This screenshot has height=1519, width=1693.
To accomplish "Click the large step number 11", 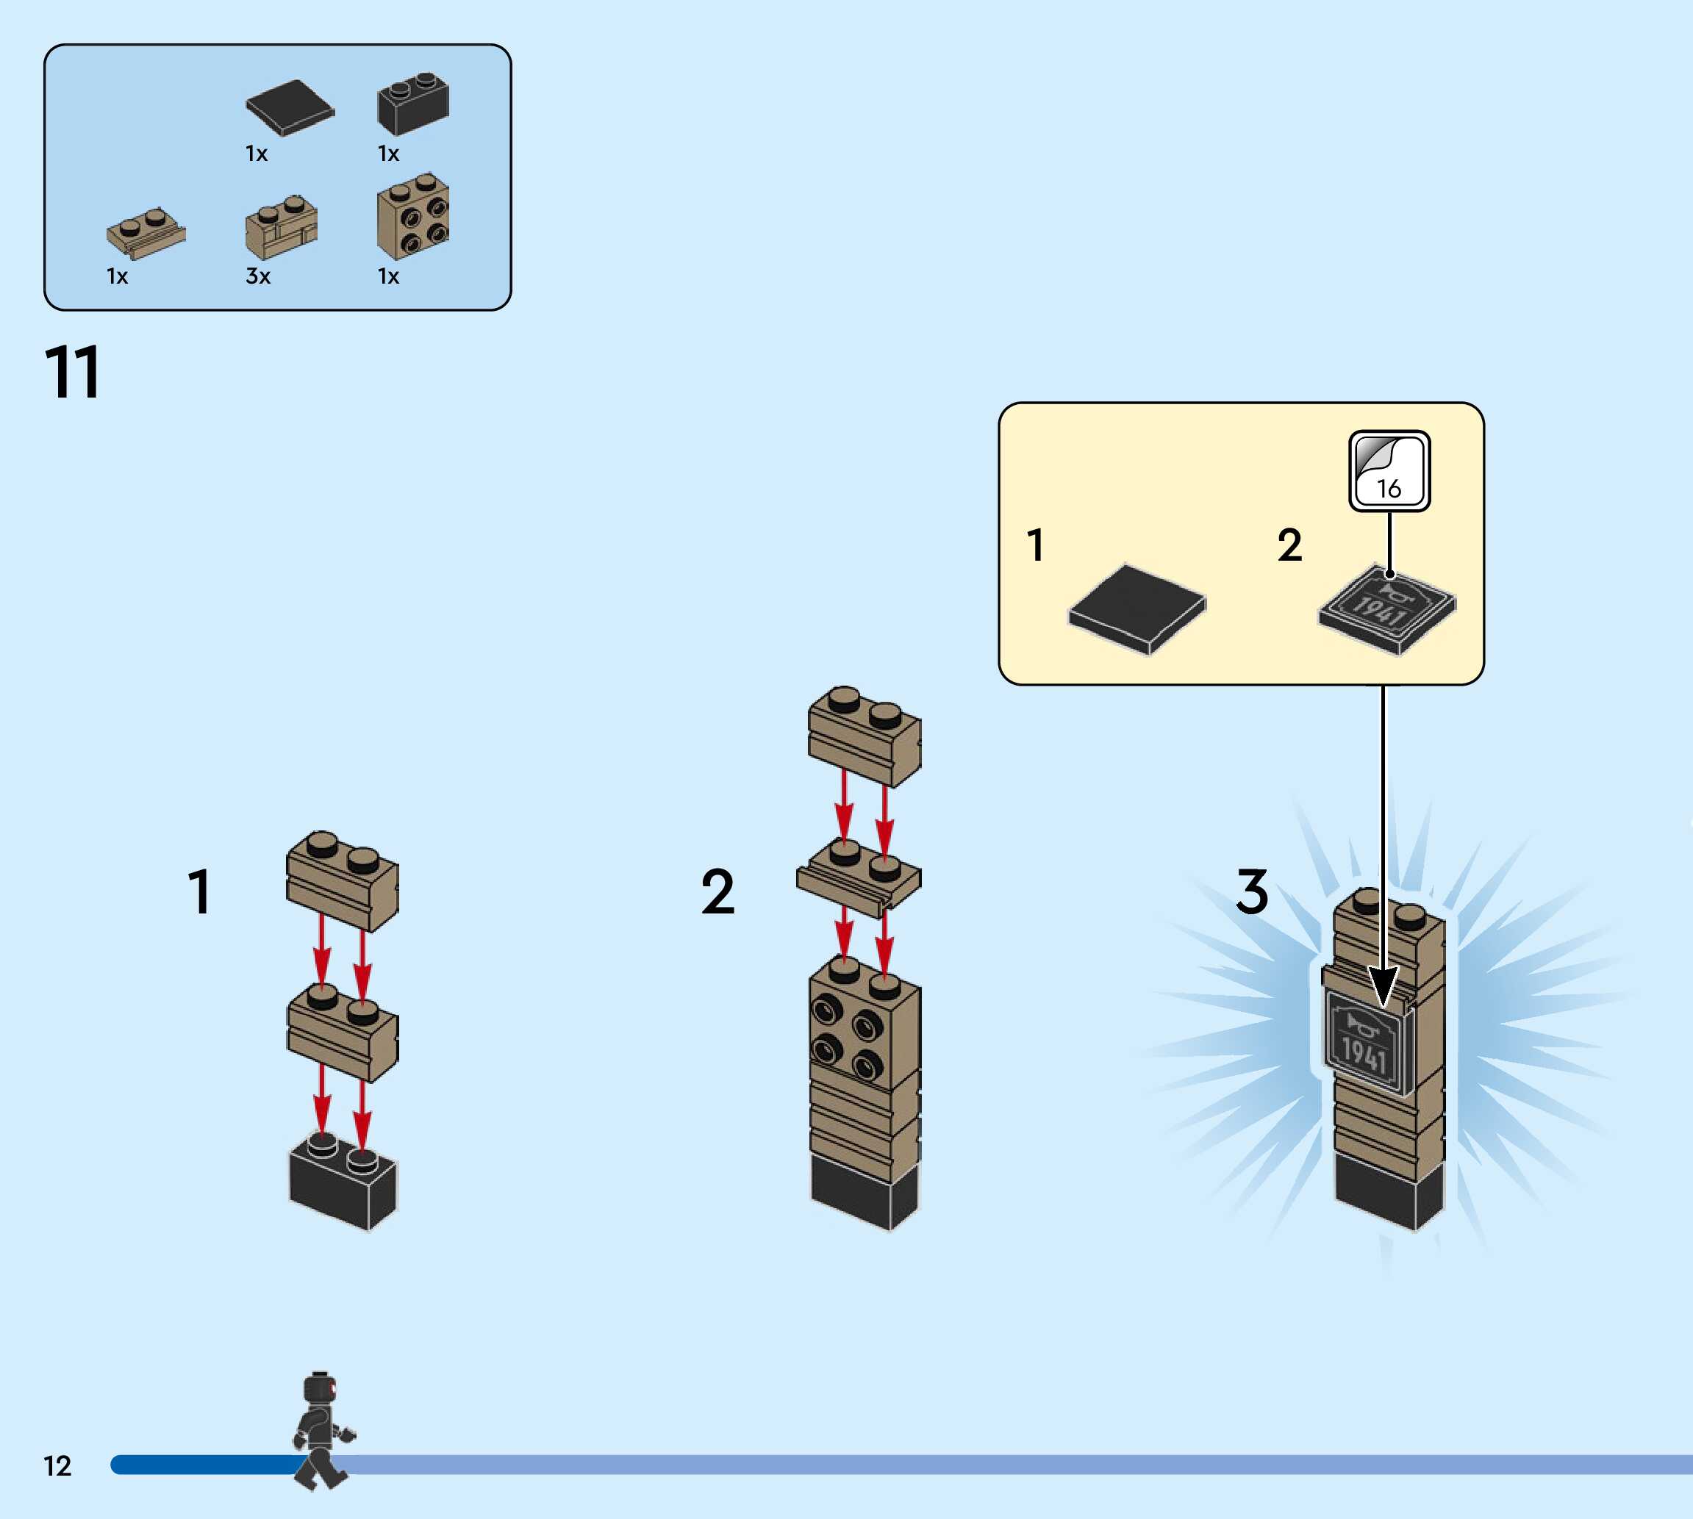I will tap(73, 373).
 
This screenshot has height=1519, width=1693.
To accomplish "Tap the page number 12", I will tap(57, 1465).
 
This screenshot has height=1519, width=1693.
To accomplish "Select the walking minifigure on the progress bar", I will tap(321, 1429).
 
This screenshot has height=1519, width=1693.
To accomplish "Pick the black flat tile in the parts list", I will tap(290, 107).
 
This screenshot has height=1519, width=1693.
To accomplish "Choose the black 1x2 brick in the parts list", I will tap(413, 105).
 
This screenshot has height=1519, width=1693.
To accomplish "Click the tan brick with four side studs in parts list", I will tap(413, 217).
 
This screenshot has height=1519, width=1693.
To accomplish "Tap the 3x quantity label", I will tap(258, 276).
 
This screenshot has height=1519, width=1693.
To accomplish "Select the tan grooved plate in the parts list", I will tap(146, 233).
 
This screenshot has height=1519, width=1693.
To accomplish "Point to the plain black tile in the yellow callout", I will tap(1137, 608).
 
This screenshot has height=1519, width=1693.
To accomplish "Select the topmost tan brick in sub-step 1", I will tap(343, 880).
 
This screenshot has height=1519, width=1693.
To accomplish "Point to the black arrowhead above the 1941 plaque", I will tap(1384, 985).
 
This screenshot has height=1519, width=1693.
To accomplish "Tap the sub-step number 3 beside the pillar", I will tap(1251, 891).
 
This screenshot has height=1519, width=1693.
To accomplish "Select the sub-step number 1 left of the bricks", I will tap(198, 891).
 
